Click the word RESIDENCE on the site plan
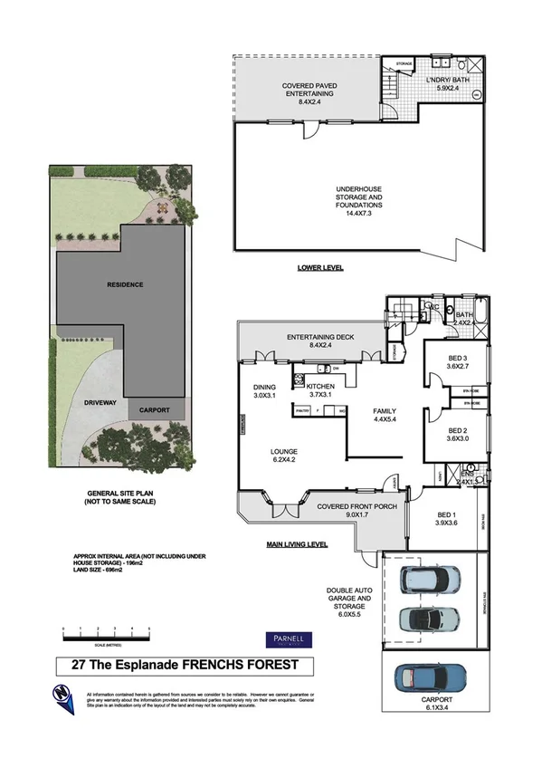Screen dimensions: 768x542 (x=125, y=284)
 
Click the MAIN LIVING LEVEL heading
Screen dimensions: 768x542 (x=297, y=545)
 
